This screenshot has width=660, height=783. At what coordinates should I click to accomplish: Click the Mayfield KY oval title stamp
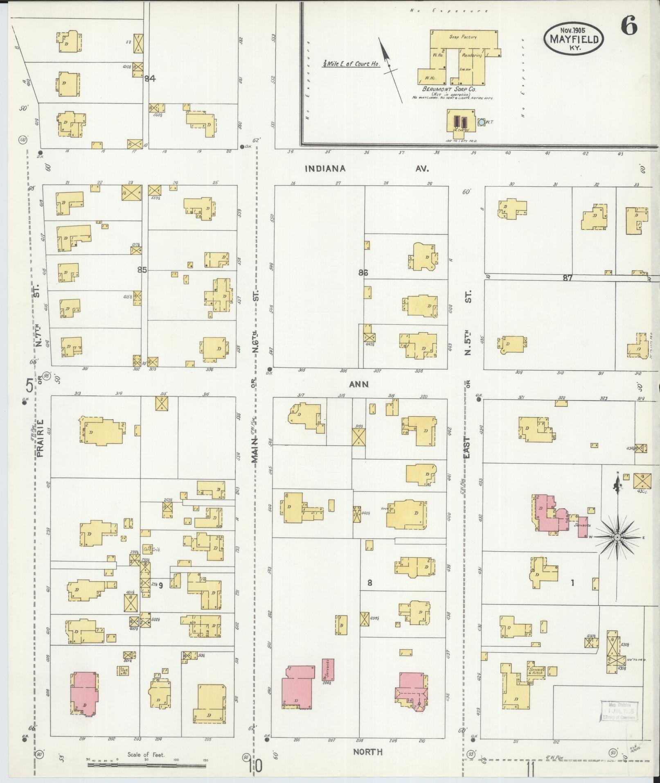(x=574, y=38)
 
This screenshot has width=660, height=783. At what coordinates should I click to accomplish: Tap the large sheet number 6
(x=628, y=27)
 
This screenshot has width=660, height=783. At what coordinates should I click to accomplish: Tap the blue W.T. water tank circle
(x=481, y=122)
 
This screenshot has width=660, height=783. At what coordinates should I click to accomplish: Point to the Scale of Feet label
(x=146, y=754)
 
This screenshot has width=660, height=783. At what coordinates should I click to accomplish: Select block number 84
(x=150, y=79)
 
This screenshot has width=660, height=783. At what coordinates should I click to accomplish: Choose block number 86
(x=363, y=273)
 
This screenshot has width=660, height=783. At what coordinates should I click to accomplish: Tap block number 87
(x=567, y=278)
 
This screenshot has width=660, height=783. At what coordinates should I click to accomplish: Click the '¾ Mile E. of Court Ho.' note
(x=352, y=64)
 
